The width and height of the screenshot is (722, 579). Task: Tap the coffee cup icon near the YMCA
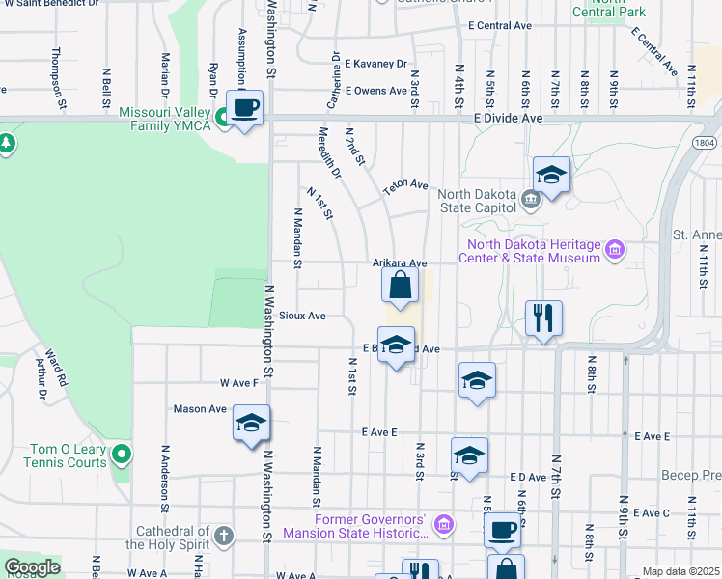245,109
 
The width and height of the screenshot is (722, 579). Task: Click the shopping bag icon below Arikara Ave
400,286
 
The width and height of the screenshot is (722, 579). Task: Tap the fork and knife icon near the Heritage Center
543,317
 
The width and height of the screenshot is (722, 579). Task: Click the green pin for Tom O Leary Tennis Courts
121,453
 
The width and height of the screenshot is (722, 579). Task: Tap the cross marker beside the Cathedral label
223,534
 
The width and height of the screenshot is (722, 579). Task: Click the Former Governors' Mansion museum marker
443,524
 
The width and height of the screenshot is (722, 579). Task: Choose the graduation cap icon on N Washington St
251,423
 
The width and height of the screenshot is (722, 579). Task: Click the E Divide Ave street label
509,117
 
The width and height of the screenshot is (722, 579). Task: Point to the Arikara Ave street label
400,262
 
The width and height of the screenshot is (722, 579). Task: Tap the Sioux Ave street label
302,316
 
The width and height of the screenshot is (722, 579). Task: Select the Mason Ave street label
200,409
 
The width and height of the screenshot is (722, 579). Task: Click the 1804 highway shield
703,142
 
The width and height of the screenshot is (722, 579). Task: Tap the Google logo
32,567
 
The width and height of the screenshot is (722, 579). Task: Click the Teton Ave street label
404,184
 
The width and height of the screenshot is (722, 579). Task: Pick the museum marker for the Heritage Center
615,253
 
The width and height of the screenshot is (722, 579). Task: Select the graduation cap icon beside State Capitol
550,175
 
